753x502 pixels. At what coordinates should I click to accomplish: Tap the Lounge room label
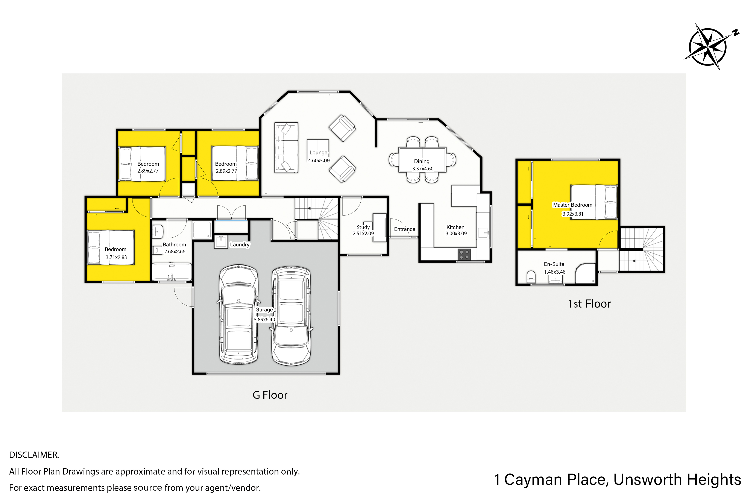click(318, 153)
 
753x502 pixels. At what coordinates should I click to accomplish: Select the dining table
click(422, 160)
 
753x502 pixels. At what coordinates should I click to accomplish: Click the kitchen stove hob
click(464, 255)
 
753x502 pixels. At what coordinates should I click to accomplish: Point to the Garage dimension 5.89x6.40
click(264, 320)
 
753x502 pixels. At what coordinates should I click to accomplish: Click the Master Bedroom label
click(572, 205)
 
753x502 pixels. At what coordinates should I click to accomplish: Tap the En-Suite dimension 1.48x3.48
click(555, 272)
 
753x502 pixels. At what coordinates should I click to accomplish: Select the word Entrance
click(405, 229)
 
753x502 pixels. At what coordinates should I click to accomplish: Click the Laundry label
click(240, 245)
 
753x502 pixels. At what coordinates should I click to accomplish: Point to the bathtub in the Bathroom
click(172, 272)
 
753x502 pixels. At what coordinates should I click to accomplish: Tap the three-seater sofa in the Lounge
click(286, 148)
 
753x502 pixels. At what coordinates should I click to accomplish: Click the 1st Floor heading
click(589, 304)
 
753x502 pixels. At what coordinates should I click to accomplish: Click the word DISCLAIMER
click(34, 455)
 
